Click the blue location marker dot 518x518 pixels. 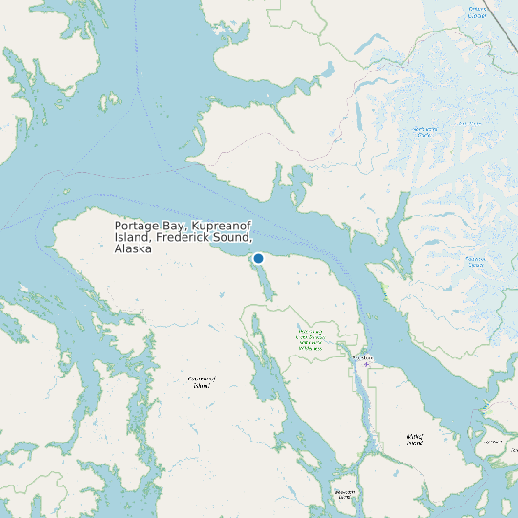(258, 258)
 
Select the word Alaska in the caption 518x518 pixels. (133, 248)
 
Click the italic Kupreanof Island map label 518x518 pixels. (202, 381)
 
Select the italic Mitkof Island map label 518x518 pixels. (414, 440)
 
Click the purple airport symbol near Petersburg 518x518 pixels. (365, 364)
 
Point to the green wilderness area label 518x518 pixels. (309, 339)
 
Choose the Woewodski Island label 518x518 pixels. (344, 494)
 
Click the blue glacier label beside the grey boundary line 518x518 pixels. (477, 13)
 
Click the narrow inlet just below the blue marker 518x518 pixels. (264, 282)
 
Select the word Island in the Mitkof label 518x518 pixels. (414, 443)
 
